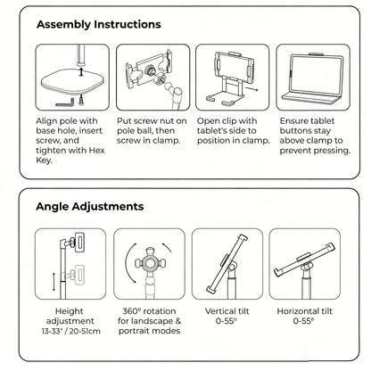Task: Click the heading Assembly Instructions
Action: point(98,24)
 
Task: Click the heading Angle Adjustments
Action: point(89,206)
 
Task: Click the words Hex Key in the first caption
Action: point(53,161)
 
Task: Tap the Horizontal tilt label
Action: point(302,314)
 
